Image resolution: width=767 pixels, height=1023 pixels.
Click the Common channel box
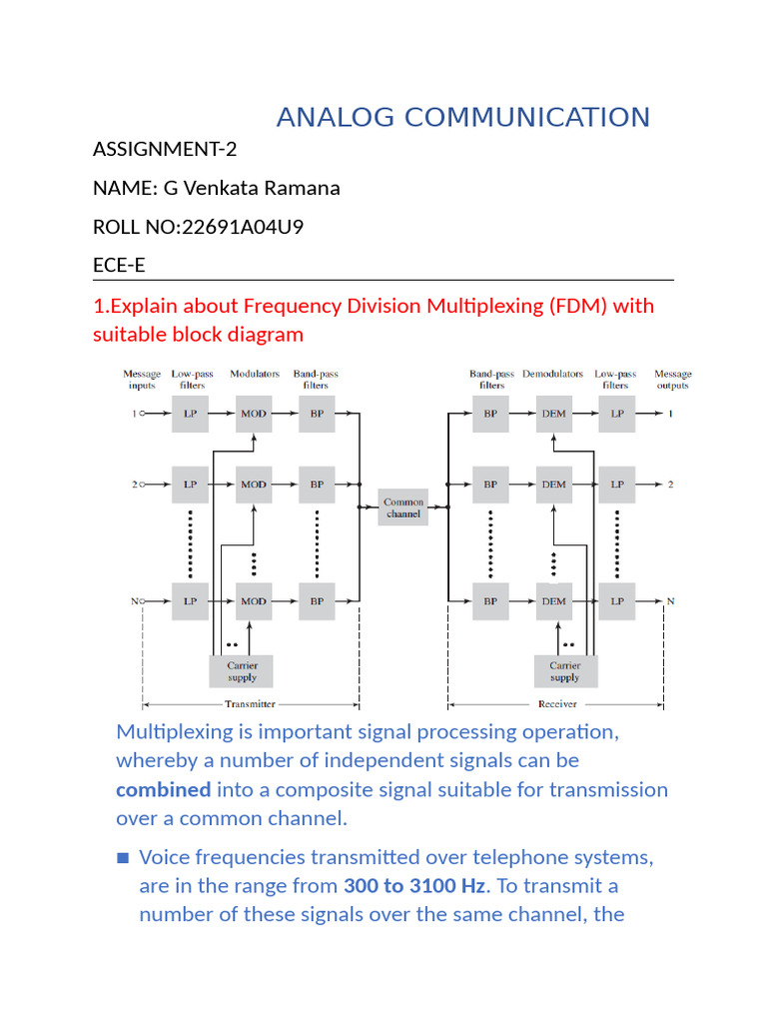click(x=403, y=509)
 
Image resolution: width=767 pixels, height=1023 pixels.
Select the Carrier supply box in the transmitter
click(x=242, y=670)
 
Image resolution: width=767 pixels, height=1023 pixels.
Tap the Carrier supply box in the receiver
click(x=564, y=670)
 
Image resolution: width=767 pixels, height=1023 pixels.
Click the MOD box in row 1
click(x=254, y=413)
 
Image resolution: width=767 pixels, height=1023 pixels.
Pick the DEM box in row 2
click(x=553, y=485)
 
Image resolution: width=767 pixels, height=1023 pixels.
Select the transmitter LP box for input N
click(x=190, y=601)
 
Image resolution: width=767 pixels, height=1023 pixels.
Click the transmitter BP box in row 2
click(x=317, y=485)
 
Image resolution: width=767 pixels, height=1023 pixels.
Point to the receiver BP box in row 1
click(x=490, y=413)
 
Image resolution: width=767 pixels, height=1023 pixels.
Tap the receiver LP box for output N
click(x=617, y=601)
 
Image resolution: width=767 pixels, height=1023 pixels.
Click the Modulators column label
click(x=254, y=374)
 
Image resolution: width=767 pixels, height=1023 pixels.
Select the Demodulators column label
click(x=552, y=374)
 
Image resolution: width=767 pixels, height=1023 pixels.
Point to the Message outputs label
click(x=672, y=380)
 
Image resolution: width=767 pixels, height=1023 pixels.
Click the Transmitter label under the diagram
click(x=250, y=703)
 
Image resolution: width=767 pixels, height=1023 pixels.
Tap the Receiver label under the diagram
click(x=563, y=703)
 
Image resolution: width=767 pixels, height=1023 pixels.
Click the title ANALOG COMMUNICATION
click(x=463, y=117)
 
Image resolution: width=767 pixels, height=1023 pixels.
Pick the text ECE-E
click(x=119, y=264)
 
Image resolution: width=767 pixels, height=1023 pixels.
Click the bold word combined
click(x=163, y=789)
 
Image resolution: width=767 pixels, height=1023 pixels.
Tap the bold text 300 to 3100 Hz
click(x=414, y=885)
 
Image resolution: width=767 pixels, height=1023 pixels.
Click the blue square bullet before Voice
click(x=123, y=857)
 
